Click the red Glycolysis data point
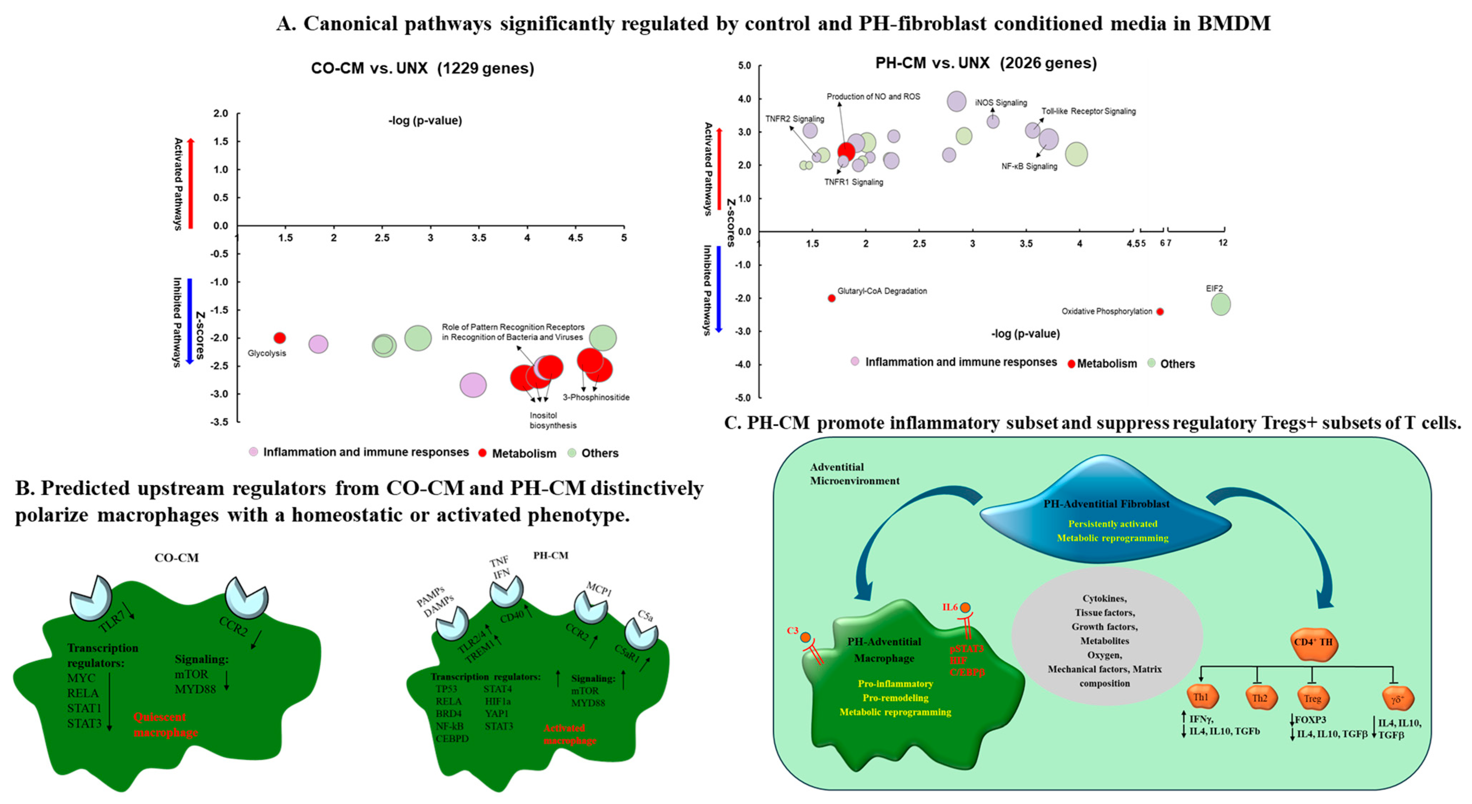(x=279, y=338)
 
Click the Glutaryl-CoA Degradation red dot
(x=831, y=298)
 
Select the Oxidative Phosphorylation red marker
(x=1160, y=311)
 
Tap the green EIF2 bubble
(x=1221, y=304)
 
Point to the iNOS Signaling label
(x=1000, y=103)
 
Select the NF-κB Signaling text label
(x=1029, y=166)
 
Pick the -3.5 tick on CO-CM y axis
(x=221, y=422)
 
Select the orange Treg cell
(x=1312, y=698)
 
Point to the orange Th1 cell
(x=1201, y=697)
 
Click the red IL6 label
(x=950, y=607)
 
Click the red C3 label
(x=792, y=631)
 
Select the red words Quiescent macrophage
(x=165, y=725)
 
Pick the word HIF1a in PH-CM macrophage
(x=498, y=701)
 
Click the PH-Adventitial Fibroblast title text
(x=1106, y=504)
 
